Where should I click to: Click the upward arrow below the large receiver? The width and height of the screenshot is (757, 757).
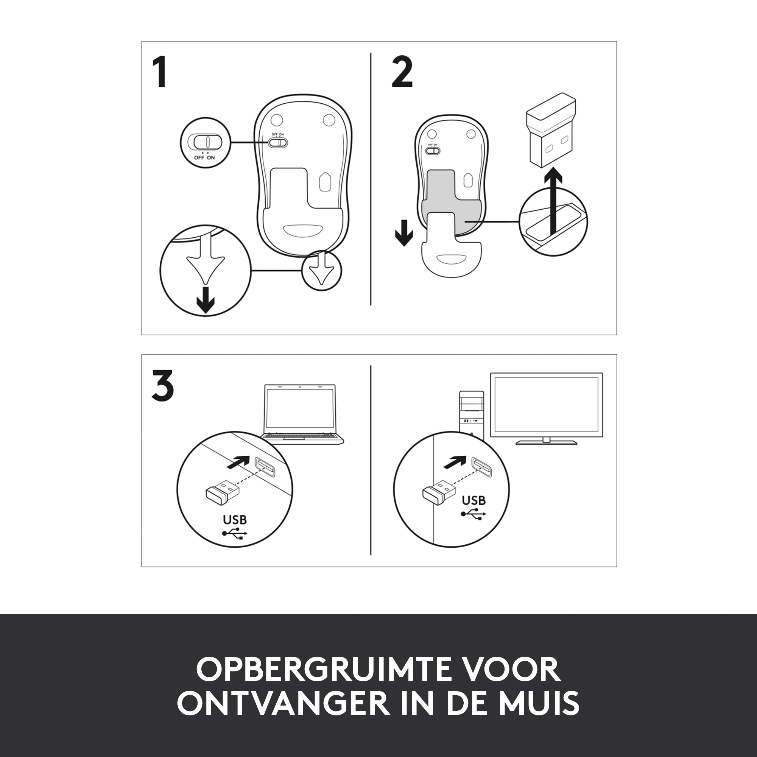coord(553,205)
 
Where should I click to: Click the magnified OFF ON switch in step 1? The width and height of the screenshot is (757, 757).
coord(204,142)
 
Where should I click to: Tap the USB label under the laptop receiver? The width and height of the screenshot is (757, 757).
coord(235,520)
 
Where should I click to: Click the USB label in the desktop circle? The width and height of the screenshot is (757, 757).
coord(474,500)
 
